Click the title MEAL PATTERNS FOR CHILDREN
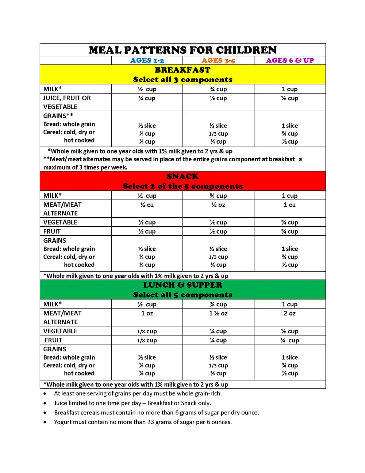(x=182, y=50)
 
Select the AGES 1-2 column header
(x=147, y=61)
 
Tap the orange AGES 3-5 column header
(x=218, y=61)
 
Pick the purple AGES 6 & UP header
(x=290, y=61)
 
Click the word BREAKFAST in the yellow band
(x=182, y=70)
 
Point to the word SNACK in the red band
(x=182, y=177)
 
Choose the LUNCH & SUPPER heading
(x=182, y=285)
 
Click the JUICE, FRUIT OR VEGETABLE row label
(x=67, y=102)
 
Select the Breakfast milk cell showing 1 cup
(x=290, y=89)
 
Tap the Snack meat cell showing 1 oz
(x=290, y=205)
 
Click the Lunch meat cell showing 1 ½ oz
(x=218, y=313)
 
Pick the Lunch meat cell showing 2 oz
(x=290, y=313)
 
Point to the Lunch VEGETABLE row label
(x=61, y=331)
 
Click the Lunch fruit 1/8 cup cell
(x=147, y=340)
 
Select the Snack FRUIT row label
(x=52, y=231)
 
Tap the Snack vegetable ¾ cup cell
(x=290, y=222)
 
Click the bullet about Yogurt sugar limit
(x=143, y=422)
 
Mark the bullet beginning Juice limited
(x=132, y=403)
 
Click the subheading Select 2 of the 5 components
(x=182, y=186)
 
